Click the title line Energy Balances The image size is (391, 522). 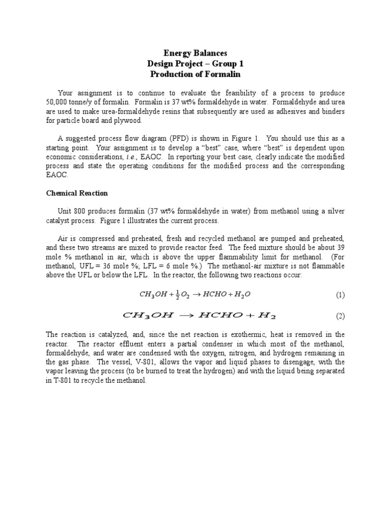click(195, 53)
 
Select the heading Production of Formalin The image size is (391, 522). click(195, 74)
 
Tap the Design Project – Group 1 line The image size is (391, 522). click(195, 64)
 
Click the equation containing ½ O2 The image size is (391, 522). click(195, 294)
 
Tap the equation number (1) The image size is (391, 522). click(340, 295)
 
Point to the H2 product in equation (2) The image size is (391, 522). click(266, 316)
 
